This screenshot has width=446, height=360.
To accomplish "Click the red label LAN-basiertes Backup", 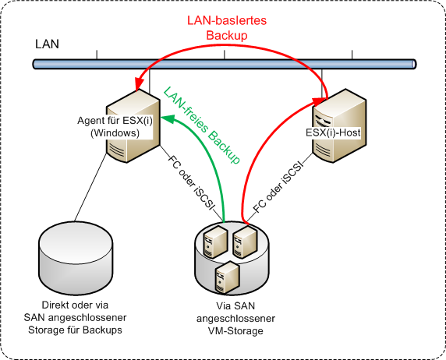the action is (227, 28).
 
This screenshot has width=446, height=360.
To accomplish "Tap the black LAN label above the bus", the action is (47, 44).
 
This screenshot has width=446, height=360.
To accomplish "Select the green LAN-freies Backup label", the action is (202, 125).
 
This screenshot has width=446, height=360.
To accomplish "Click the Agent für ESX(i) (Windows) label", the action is (115, 127).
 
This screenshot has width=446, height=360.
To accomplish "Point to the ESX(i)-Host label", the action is (333, 132).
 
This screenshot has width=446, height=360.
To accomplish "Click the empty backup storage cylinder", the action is (76, 258).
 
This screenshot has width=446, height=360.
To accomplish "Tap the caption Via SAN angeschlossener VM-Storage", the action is (235, 319).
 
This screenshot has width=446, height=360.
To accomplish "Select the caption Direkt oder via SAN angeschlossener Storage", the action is (75, 317).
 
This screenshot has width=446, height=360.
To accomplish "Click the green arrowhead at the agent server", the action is (167, 118).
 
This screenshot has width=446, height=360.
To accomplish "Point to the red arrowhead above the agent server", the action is (139, 84).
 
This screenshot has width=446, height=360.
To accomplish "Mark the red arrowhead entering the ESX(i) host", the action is (319, 101).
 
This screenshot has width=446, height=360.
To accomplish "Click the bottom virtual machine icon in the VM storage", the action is (227, 277).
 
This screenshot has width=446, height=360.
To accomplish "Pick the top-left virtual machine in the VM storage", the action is (215, 241).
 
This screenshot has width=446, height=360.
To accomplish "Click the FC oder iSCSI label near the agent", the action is (190, 182).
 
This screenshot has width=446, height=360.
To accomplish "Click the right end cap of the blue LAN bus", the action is (414, 64).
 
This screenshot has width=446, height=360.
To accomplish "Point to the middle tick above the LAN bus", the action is (225, 55).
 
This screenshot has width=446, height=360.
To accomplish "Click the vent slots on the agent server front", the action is (116, 150).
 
